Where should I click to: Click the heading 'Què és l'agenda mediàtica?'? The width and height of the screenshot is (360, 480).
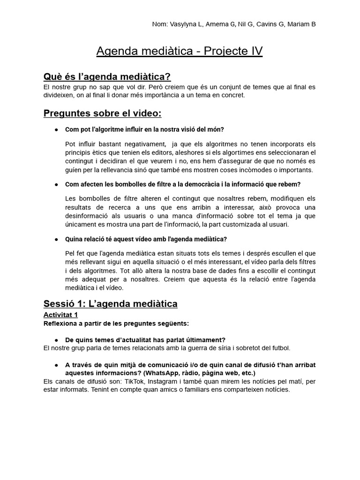(x=107, y=76)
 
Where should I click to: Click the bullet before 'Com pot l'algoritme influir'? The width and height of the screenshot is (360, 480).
(x=56, y=129)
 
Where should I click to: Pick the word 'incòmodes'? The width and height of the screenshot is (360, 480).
(x=240, y=170)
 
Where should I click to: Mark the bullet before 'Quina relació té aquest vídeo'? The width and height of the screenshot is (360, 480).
(x=56, y=239)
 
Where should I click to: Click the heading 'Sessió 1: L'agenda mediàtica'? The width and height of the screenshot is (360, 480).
(x=110, y=304)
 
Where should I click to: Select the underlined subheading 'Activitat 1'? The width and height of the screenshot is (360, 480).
(x=60, y=315)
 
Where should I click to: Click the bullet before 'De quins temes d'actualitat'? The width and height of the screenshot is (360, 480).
(x=56, y=339)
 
